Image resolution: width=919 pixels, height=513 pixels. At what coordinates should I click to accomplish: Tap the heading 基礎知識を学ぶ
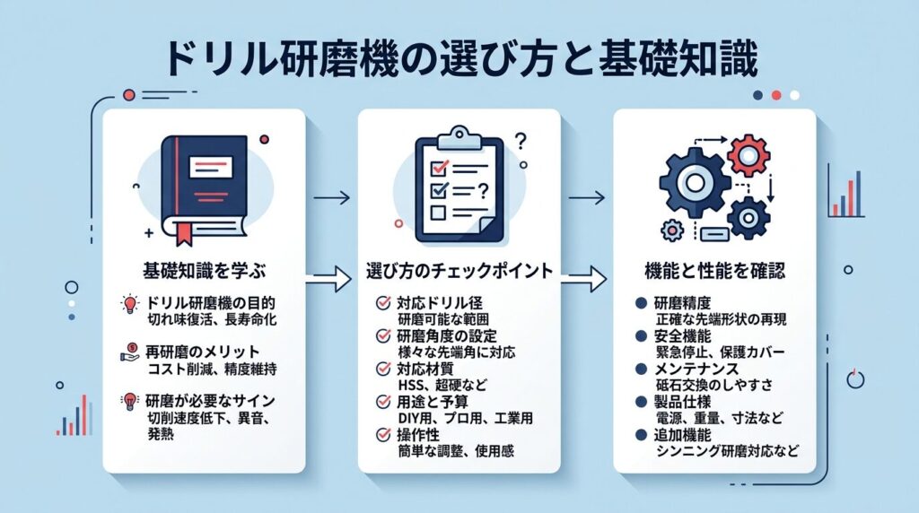[x=203, y=269]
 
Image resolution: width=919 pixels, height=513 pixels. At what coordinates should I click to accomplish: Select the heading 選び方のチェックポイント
[x=459, y=269]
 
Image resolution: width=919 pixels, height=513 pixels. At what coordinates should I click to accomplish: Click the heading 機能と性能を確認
[x=713, y=269]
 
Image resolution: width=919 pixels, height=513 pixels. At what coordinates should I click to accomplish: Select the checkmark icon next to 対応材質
[x=381, y=369]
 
